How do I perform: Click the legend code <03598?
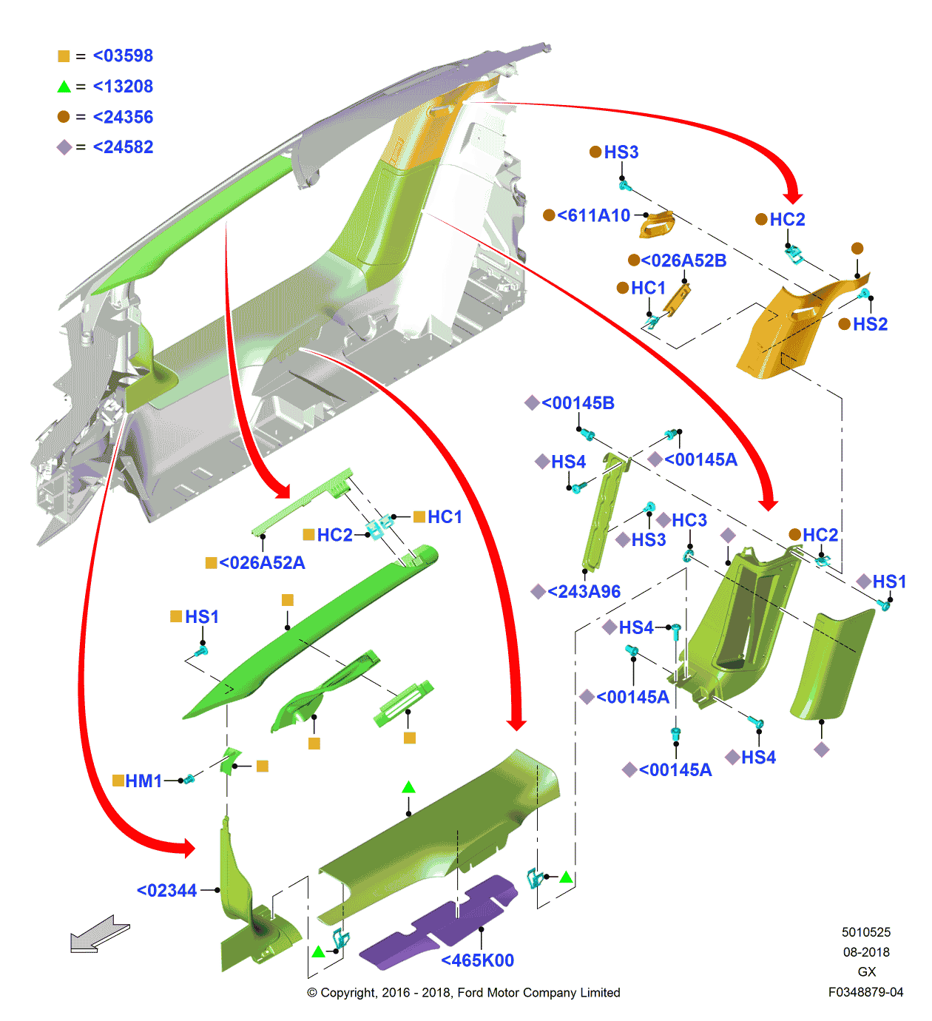click(x=123, y=55)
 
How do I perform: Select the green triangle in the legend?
click(x=64, y=87)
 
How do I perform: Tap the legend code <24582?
click(x=123, y=147)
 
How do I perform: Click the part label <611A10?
click(x=593, y=215)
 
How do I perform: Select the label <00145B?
click(x=578, y=403)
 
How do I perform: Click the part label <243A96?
click(x=584, y=591)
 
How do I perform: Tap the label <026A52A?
click(x=262, y=563)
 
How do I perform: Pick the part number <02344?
click(x=167, y=891)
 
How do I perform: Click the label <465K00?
click(x=477, y=960)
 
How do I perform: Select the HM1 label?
click(x=143, y=781)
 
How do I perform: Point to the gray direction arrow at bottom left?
click(x=99, y=934)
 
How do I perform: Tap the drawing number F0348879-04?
click(x=865, y=992)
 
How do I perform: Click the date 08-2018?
click(x=866, y=952)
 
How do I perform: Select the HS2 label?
click(x=870, y=324)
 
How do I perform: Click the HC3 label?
click(x=689, y=520)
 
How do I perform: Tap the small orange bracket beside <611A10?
click(x=657, y=225)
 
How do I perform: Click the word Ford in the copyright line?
click(x=471, y=993)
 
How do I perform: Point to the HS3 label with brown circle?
click(x=621, y=152)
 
